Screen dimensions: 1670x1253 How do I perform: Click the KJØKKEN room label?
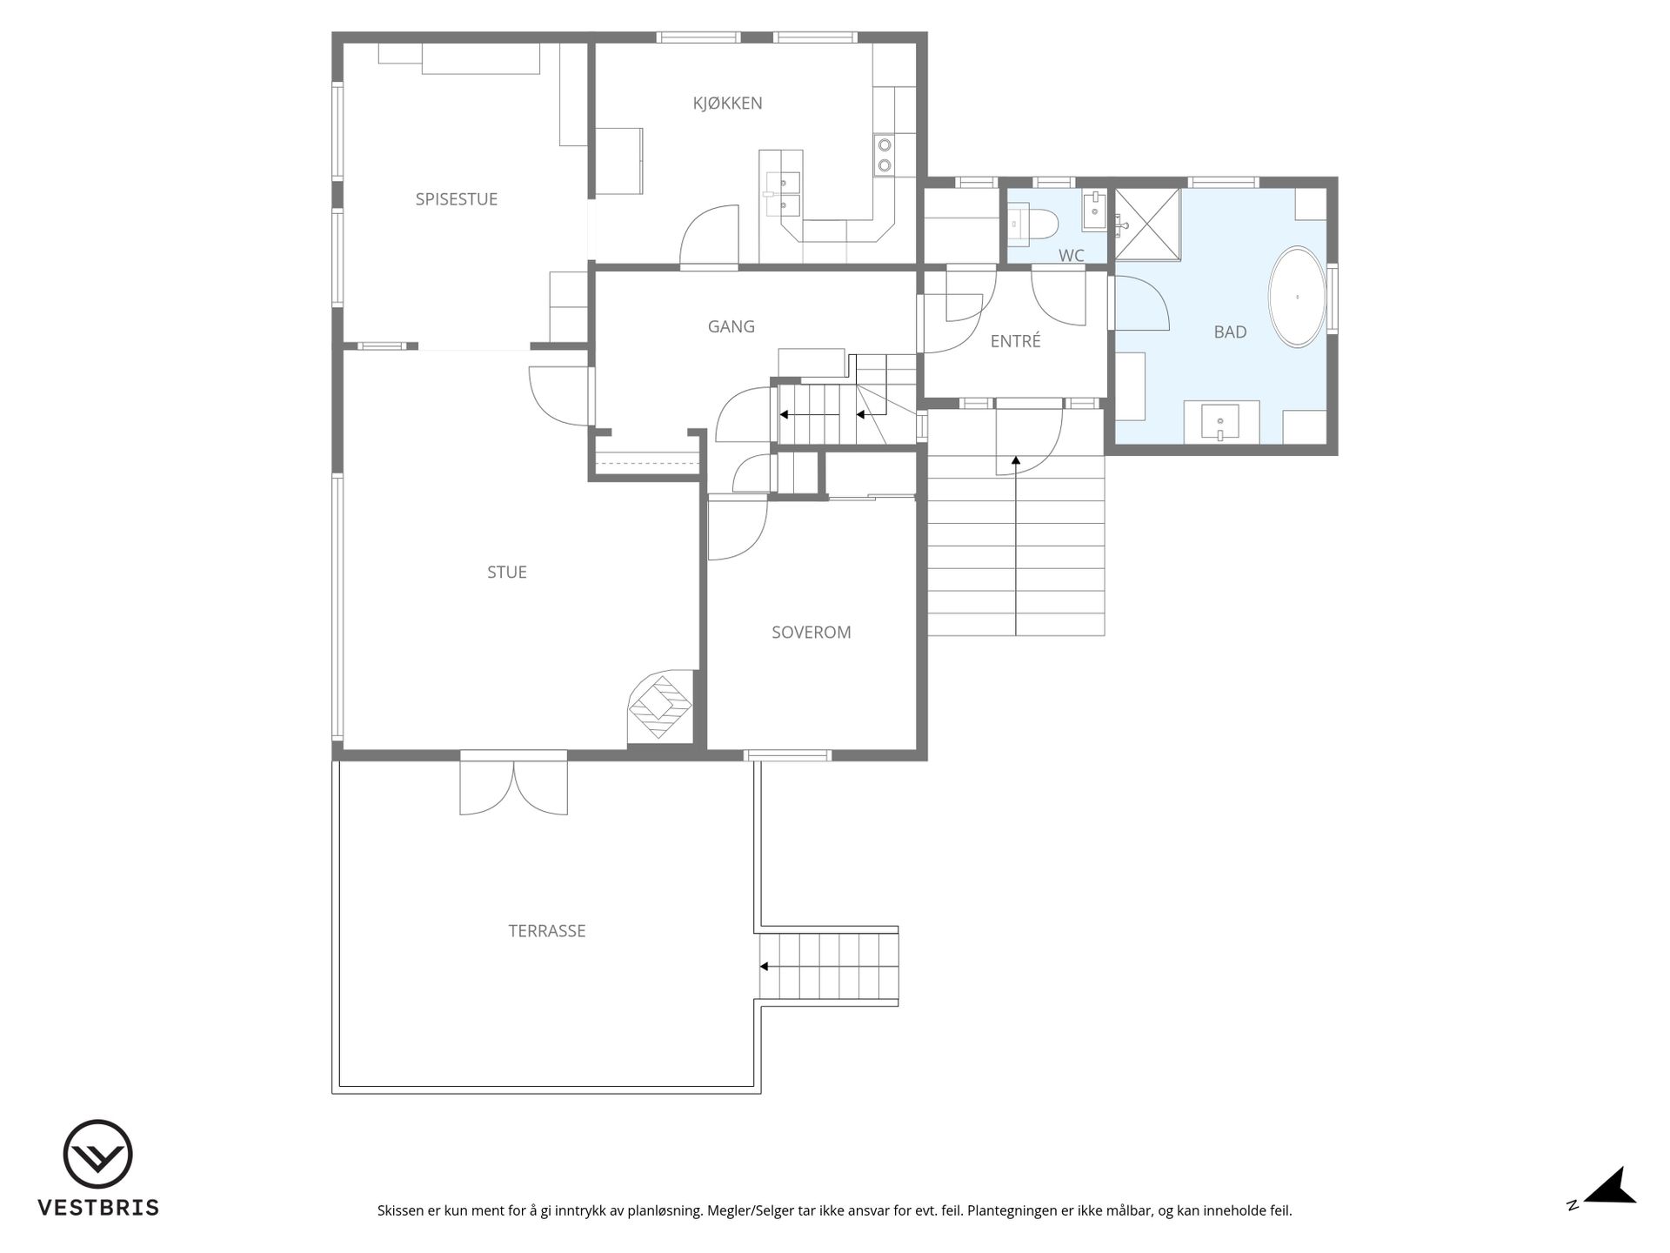727,104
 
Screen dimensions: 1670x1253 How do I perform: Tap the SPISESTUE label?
457,199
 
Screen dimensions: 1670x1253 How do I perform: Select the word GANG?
731,326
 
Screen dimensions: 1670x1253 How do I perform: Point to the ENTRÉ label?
1015,341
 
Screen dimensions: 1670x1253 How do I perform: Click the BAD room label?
1230,332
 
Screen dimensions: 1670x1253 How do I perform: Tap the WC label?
1072,256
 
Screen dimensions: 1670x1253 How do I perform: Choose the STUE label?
507,572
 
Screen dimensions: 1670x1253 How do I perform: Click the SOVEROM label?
812,633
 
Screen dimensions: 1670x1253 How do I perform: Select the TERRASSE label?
547,931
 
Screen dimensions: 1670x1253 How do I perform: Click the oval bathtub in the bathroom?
1297,297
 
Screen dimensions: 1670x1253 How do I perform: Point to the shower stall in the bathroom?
1148,224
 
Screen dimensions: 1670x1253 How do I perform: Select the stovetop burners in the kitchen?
884,155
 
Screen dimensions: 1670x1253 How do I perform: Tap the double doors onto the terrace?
513,787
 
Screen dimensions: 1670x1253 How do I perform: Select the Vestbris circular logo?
97,1154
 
